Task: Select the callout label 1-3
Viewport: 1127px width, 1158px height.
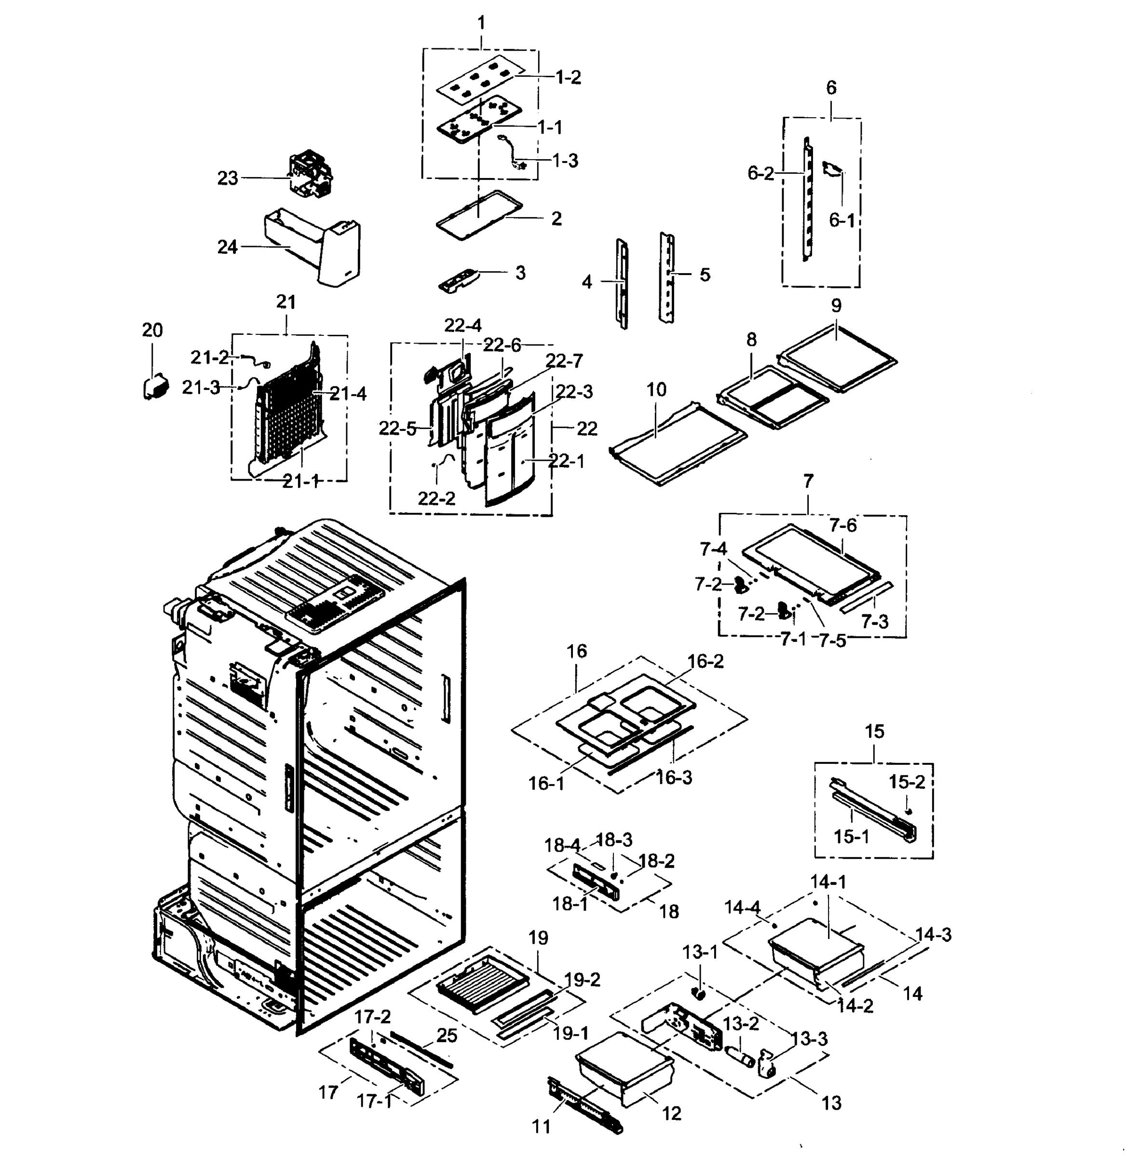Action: coord(565,161)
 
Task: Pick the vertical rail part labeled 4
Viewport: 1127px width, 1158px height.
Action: coord(622,283)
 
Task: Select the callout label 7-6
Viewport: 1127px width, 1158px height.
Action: coord(842,525)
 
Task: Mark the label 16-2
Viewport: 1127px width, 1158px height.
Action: coord(705,661)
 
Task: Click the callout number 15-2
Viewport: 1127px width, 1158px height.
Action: coord(906,782)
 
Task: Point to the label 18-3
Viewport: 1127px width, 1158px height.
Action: coord(614,840)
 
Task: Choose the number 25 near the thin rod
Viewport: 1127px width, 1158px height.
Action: coord(447,1035)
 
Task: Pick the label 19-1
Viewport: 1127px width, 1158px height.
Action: coord(570,1034)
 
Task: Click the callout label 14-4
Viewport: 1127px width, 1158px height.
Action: coord(742,907)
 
